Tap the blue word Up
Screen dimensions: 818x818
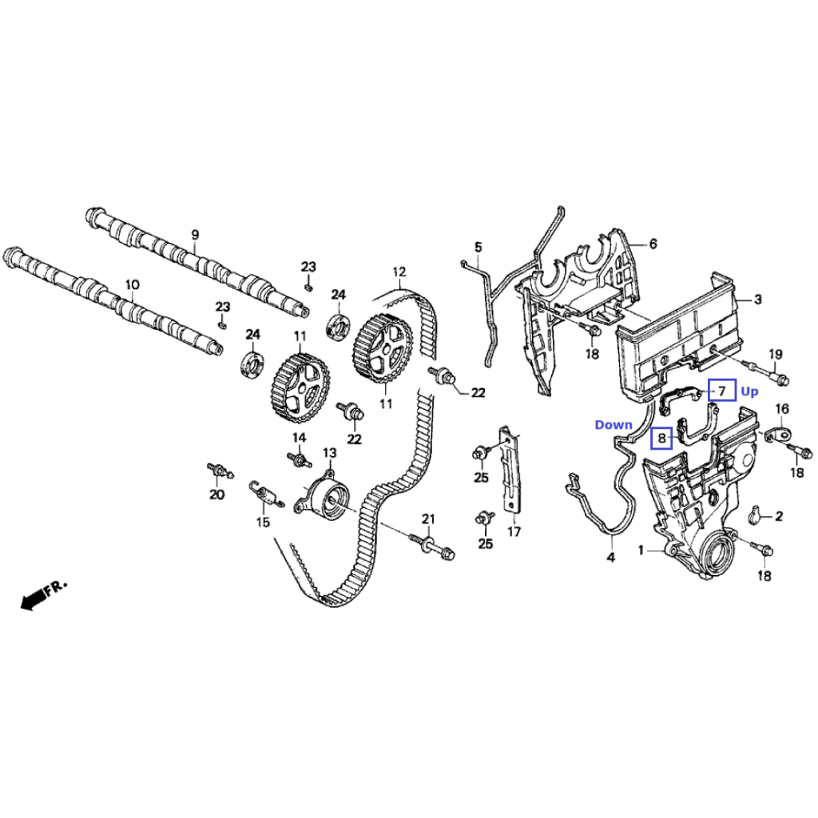749,391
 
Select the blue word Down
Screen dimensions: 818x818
613,425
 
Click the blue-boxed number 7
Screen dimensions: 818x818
722,390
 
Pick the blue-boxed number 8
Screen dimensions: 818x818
662,438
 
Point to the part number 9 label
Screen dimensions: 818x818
195,235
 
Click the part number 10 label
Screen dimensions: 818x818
133,285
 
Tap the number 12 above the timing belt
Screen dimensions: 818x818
399,272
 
